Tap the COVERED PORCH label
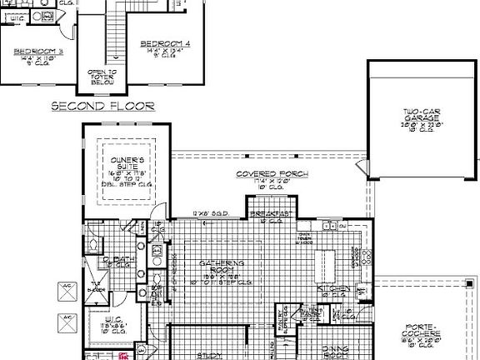[272, 174]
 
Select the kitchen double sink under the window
[333, 226]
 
